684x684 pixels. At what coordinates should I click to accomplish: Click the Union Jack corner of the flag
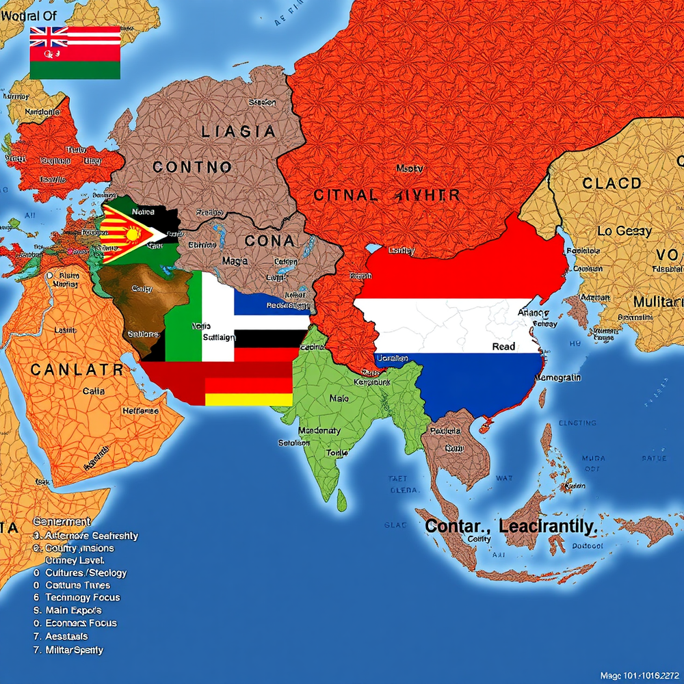coord(49,36)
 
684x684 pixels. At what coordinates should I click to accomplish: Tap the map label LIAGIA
coord(238,131)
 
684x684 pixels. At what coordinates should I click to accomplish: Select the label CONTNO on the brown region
coord(192,166)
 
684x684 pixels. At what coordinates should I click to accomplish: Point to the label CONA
coord(270,241)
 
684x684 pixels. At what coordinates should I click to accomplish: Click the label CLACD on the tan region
coord(611,183)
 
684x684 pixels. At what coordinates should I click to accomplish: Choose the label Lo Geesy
coord(624,231)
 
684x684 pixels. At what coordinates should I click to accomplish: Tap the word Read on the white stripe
coord(503,347)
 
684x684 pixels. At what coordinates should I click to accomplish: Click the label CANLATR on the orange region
coord(77,370)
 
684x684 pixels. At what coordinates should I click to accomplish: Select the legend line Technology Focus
coord(83,597)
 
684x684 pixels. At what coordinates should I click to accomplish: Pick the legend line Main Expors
coord(73,610)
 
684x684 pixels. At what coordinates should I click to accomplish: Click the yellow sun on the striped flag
coord(133,235)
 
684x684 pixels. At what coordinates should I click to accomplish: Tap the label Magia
coord(233,261)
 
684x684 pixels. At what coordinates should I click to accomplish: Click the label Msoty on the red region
coord(410,168)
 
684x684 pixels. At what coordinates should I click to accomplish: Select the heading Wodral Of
coord(25,16)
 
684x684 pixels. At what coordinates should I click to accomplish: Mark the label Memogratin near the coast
coord(558,378)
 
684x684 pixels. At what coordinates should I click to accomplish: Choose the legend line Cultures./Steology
coord(85,573)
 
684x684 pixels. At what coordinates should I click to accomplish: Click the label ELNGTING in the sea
coord(578,423)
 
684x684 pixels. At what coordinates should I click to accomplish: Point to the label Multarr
coord(657,302)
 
